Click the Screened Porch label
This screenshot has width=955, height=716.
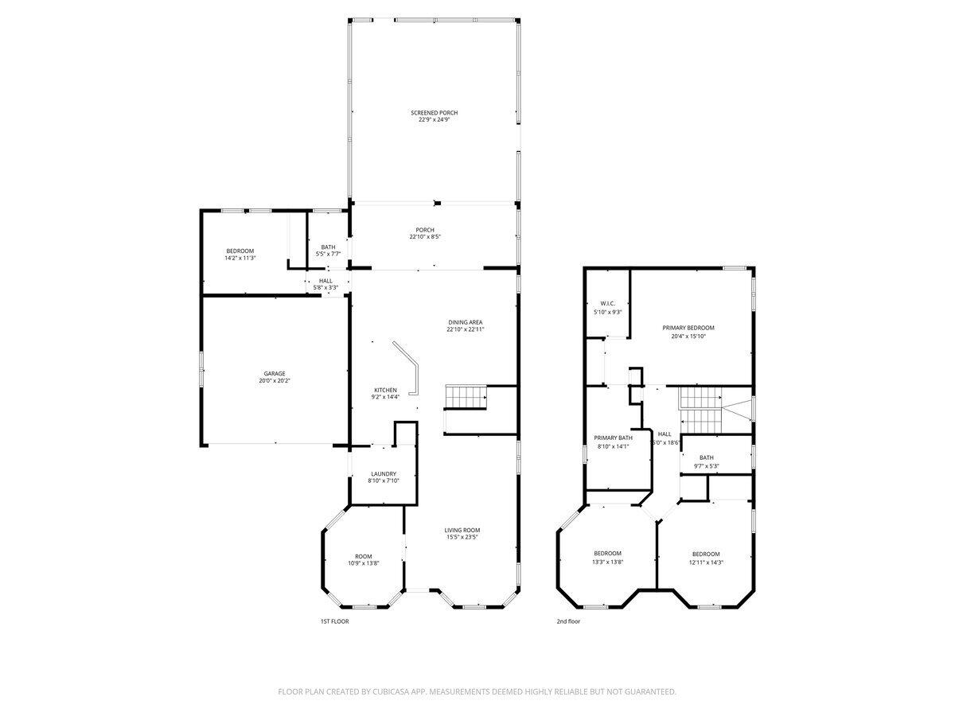(434, 113)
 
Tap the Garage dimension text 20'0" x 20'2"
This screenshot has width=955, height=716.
(275, 381)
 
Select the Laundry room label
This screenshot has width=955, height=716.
(383, 474)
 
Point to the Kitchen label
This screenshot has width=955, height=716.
(385, 390)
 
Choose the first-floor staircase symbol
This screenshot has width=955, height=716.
(466, 395)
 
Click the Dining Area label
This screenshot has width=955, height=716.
(466, 322)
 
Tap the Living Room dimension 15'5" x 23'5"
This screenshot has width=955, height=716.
(462, 537)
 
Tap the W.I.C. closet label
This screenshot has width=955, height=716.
(607, 303)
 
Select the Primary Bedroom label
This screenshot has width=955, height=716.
(688, 328)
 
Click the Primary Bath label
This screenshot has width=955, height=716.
(613, 438)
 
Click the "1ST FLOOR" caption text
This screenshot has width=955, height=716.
(334, 621)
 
